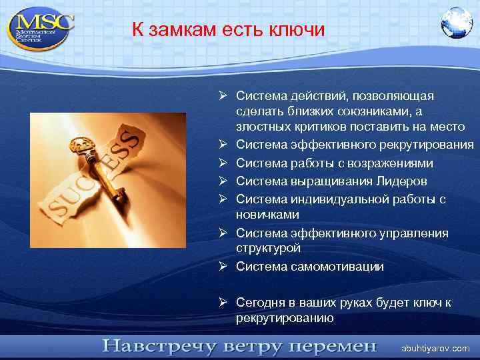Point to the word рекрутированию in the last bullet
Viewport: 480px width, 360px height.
(285, 317)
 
